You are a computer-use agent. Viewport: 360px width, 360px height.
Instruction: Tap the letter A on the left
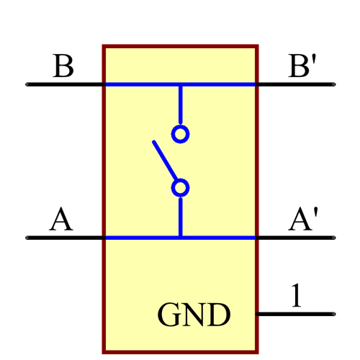coord(61,220)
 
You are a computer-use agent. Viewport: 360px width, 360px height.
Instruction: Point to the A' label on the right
coord(302,220)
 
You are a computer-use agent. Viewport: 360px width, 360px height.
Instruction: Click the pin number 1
coord(296,296)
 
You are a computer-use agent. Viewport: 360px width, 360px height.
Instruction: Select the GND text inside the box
coord(194,315)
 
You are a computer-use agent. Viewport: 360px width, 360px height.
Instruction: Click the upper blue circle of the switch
coord(180,134)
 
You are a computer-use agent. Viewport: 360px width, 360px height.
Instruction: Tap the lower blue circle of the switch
coord(180,188)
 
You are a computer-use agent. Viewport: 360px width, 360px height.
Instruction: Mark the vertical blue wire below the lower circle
coord(180,217)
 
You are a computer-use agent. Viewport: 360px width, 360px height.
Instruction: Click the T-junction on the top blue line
coord(180,84)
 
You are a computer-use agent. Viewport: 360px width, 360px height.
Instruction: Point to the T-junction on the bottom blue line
coord(180,238)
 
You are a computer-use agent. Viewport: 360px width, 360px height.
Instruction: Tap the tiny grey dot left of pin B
coord(27,84)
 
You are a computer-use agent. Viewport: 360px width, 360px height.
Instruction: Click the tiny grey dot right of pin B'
coord(333,84)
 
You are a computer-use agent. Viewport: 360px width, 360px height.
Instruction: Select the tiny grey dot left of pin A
coord(27,238)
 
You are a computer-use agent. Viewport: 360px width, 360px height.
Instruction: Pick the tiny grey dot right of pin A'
coord(333,238)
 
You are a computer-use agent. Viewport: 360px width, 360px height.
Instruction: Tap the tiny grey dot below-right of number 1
coord(333,314)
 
